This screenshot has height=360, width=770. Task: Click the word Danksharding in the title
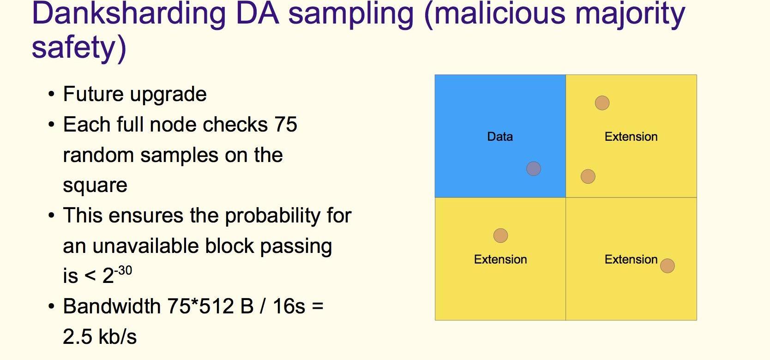coord(129,14)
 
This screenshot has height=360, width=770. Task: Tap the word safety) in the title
coord(79,48)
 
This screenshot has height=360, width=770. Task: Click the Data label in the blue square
coord(500,137)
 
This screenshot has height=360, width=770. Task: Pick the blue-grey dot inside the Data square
coord(534,168)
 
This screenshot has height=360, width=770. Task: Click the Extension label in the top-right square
coord(631,137)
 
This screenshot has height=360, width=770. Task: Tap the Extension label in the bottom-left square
coord(500,259)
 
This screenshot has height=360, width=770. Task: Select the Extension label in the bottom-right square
coord(631,259)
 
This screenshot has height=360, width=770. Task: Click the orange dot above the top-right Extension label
coord(602,103)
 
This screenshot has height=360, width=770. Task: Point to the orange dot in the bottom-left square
coord(500,235)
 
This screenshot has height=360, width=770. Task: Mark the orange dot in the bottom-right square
coord(667,266)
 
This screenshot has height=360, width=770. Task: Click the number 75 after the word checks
coord(286,125)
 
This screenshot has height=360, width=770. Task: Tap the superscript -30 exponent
coord(123,271)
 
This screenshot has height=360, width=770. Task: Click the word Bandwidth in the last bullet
coord(112,306)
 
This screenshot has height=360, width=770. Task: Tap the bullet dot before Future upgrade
coord(52,94)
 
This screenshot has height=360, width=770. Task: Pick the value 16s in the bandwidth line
coord(289,306)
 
